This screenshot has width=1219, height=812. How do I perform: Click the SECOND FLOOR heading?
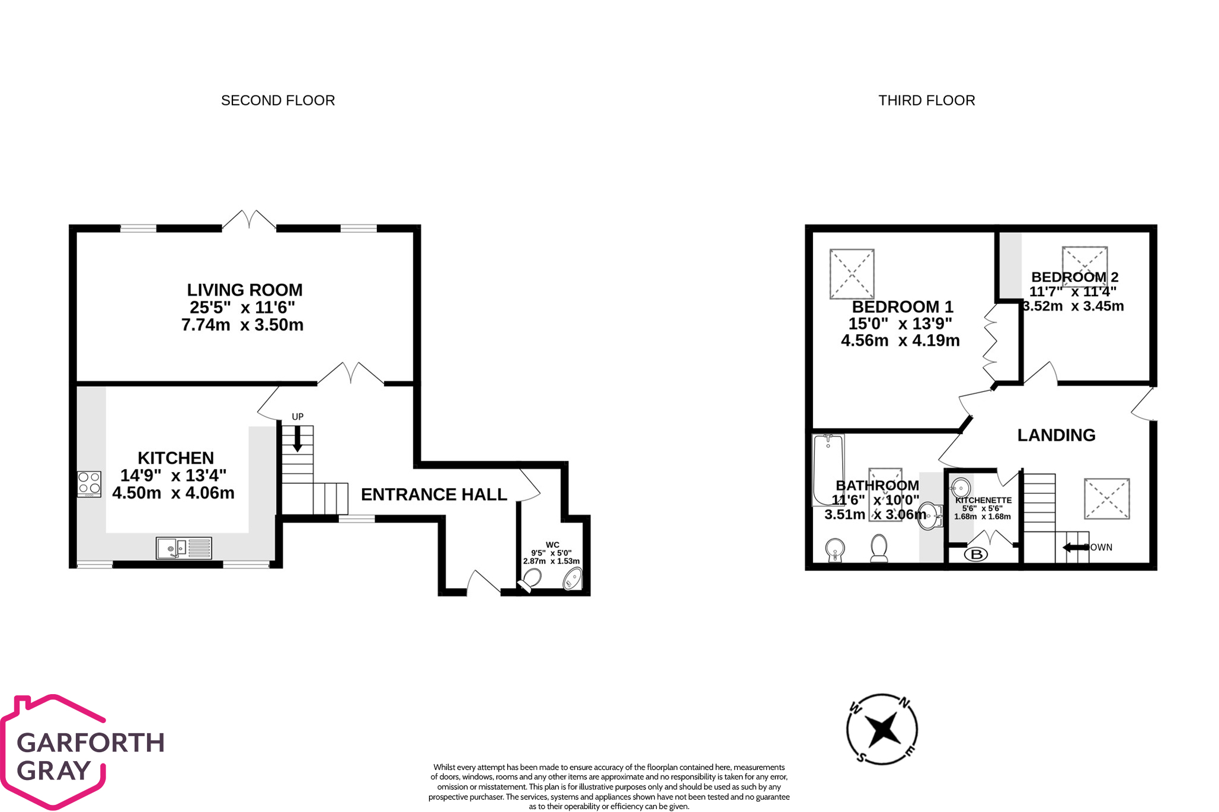point(278,101)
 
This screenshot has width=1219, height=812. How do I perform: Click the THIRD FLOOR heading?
point(926,101)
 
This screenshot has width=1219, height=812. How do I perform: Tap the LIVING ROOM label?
point(244,290)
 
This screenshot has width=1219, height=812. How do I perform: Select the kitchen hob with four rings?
point(89,484)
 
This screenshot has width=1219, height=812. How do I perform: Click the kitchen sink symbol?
point(184,548)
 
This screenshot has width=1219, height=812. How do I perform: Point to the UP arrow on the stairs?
point(297,439)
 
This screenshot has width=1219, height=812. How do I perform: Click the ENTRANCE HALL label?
point(434,495)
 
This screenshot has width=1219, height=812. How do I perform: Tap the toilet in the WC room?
point(530,579)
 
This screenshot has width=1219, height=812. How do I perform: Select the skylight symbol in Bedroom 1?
point(852,274)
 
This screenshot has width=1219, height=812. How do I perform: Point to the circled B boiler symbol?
point(976,554)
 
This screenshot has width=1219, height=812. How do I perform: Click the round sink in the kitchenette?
point(960,489)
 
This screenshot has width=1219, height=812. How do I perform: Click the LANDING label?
point(1056,435)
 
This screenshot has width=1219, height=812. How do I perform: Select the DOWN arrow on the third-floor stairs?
point(1075,547)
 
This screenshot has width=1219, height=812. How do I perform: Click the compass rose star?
point(882,729)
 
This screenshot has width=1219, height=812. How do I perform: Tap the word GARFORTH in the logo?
point(90,743)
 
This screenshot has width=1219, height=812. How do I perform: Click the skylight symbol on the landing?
point(1106,499)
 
